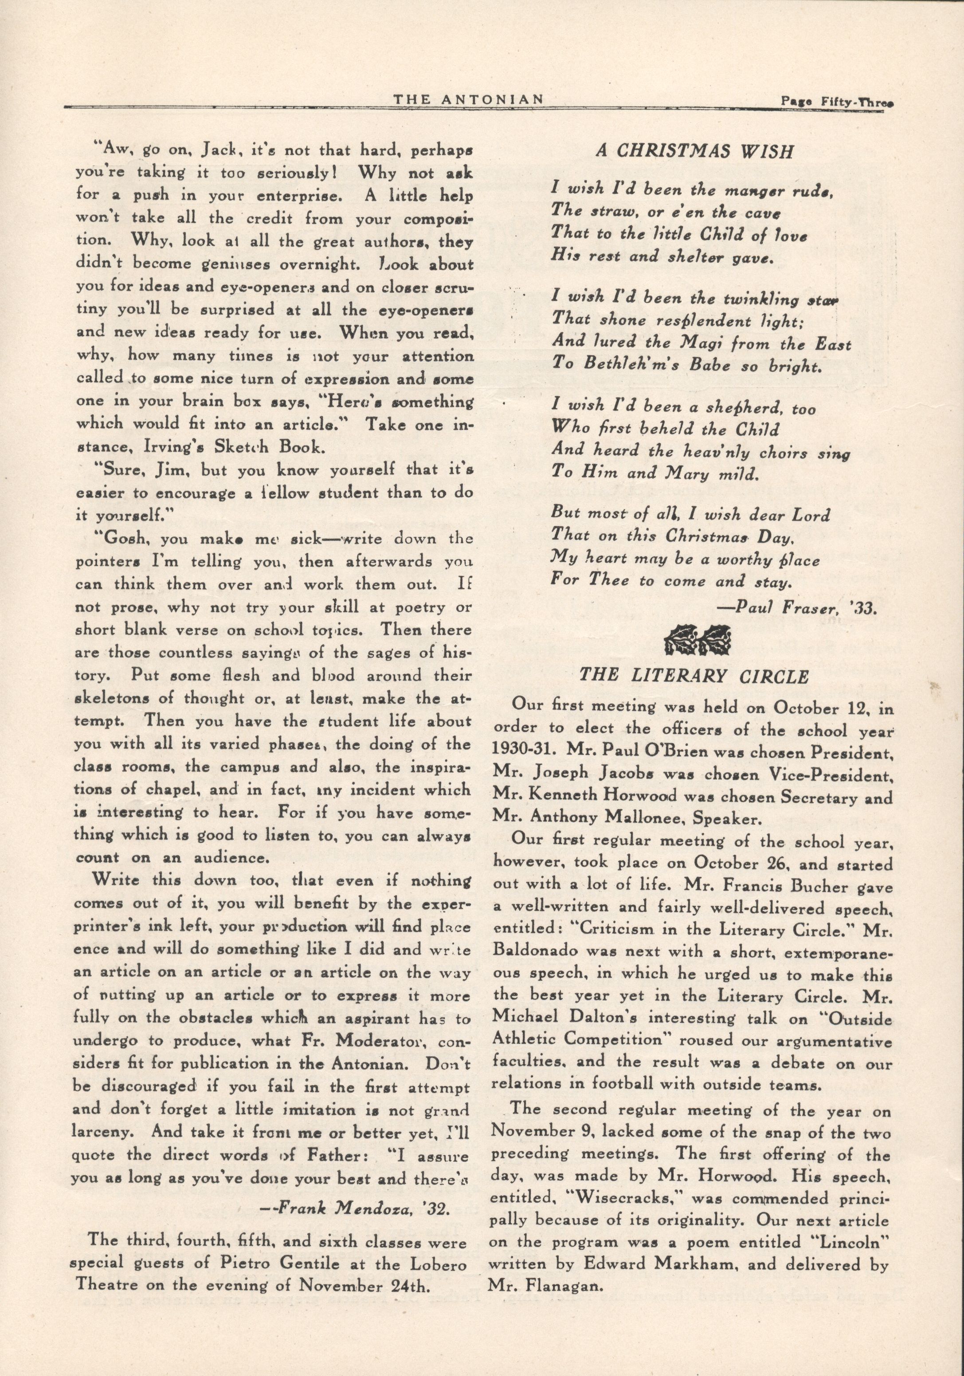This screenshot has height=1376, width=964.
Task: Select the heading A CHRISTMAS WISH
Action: (694, 152)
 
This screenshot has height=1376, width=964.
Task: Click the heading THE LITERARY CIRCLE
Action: (694, 676)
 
